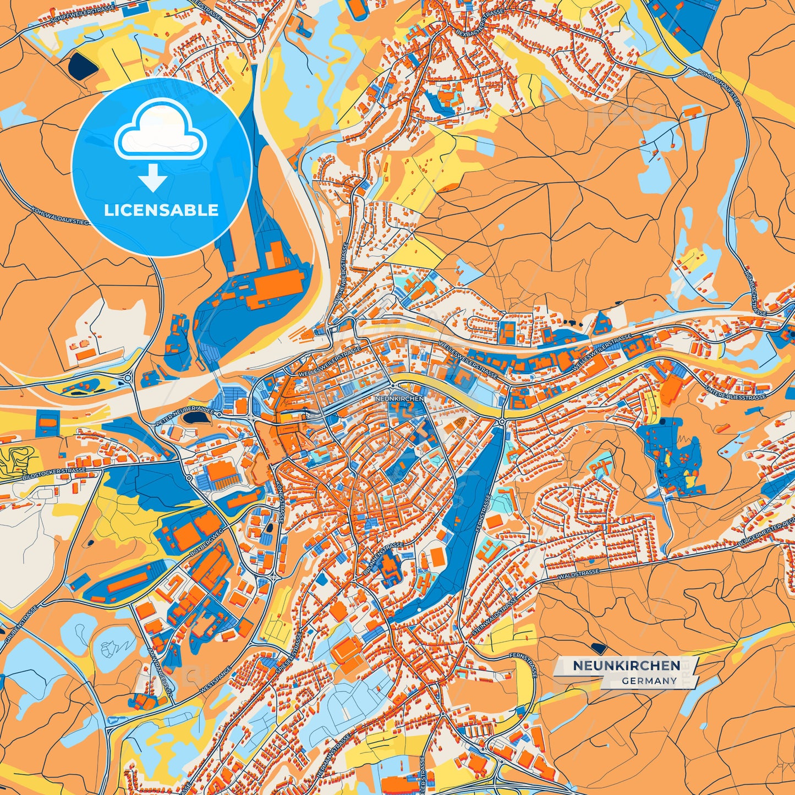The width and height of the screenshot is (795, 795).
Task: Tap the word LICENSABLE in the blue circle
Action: (161, 210)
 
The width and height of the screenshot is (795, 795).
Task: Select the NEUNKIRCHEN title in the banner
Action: (626, 665)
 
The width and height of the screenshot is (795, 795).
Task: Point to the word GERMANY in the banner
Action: (649, 681)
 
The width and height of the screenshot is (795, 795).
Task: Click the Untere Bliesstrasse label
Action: (735, 394)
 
